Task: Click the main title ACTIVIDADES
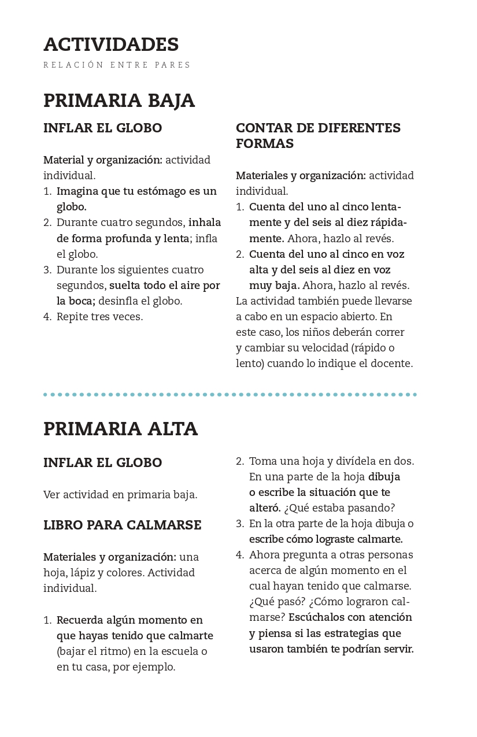click(111, 45)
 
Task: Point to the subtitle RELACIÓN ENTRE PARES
click(117, 65)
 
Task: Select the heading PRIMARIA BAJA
click(119, 101)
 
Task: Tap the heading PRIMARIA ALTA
click(120, 429)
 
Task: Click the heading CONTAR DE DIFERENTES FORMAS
click(318, 135)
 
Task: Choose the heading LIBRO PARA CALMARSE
click(122, 525)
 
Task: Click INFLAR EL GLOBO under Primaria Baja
click(102, 128)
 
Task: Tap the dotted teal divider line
click(230, 395)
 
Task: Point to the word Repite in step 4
click(72, 317)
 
